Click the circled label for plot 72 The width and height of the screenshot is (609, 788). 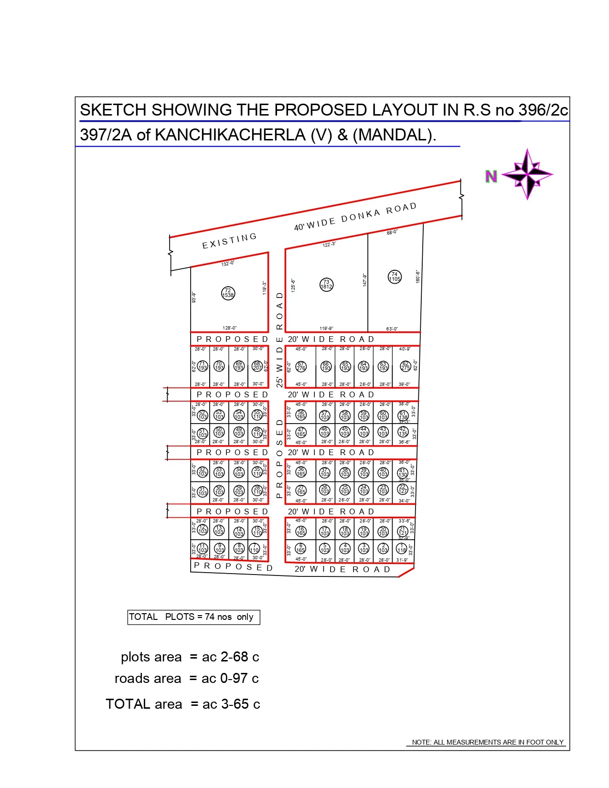tap(228, 293)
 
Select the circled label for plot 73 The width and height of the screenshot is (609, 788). tap(326, 285)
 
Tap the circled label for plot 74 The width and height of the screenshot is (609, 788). tap(395, 277)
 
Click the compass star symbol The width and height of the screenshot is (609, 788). tap(528, 174)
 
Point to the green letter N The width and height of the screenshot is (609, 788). tap(491, 177)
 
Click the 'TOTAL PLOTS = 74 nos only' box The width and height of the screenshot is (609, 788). tap(193, 617)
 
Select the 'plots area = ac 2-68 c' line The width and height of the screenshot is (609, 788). tap(190, 657)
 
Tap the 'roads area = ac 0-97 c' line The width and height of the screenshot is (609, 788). tap(186, 679)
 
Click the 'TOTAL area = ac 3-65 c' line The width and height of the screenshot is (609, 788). tap(183, 704)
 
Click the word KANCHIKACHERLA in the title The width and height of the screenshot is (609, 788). tap(230, 135)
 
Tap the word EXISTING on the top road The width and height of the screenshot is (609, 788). tap(229, 241)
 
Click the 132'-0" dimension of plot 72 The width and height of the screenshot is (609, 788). tap(228, 263)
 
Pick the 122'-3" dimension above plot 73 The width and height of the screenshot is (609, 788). tap(329, 245)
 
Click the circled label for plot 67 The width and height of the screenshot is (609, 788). tap(300, 366)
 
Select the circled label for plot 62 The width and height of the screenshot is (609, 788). tap(406, 366)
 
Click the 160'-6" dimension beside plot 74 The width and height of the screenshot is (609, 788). tap(417, 276)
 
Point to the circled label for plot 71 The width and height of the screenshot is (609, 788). tap(203, 366)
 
